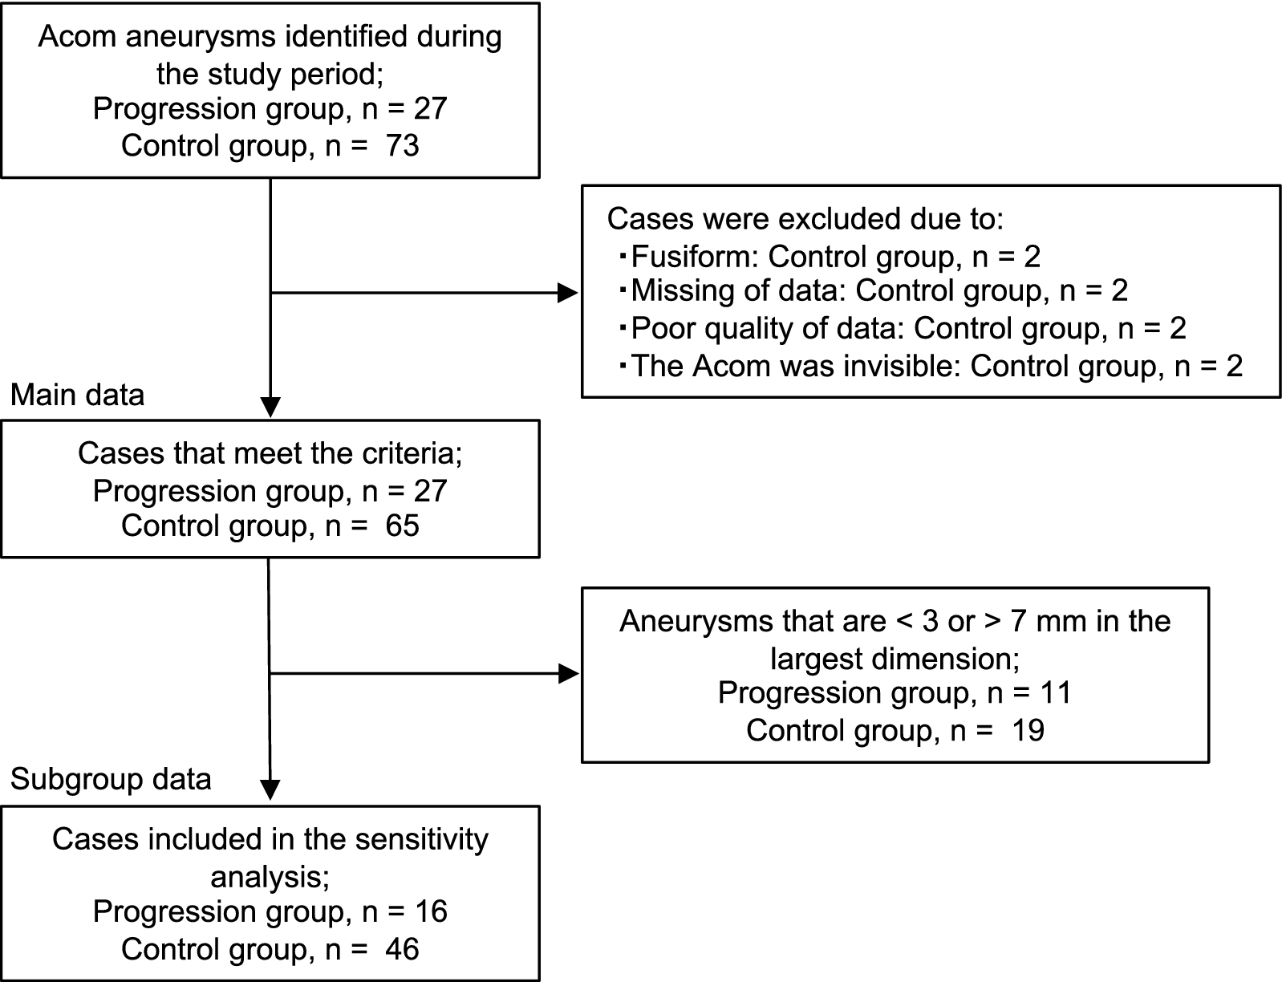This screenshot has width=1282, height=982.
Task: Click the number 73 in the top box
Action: click(401, 146)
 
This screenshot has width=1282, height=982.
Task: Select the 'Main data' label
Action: click(78, 395)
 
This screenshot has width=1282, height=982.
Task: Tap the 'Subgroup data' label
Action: click(111, 779)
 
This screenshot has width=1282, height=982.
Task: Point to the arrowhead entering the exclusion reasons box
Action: click(568, 293)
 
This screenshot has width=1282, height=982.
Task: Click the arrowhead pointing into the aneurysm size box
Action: click(568, 674)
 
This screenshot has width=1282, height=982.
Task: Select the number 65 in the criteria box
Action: click(401, 525)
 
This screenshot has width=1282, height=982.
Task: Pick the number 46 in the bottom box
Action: click(401, 949)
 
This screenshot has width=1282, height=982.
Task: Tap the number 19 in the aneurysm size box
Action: click(1027, 730)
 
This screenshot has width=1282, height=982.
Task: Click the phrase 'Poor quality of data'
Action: click(767, 328)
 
